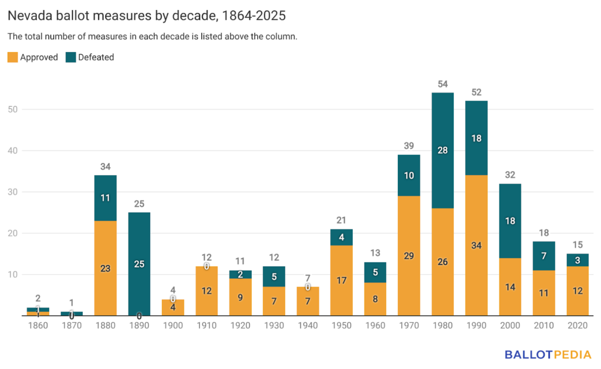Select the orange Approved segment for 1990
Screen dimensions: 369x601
(x=476, y=246)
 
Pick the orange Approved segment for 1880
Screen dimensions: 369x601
(x=106, y=268)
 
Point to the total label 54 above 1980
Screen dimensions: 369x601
(x=443, y=84)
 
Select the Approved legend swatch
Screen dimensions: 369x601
(x=12, y=57)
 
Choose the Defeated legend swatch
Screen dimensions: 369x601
(x=70, y=57)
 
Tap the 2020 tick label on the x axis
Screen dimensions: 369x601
(x=577, y=326)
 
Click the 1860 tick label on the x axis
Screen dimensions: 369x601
(x=38, y=326)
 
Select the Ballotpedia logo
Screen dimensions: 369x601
(x=547, y=354)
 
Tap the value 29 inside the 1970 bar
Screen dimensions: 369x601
(x=409, y=256)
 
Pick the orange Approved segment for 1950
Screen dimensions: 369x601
(x=342, y=281)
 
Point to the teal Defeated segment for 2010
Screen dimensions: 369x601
(x=543, y=255)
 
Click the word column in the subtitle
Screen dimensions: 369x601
(x=282, y=36)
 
